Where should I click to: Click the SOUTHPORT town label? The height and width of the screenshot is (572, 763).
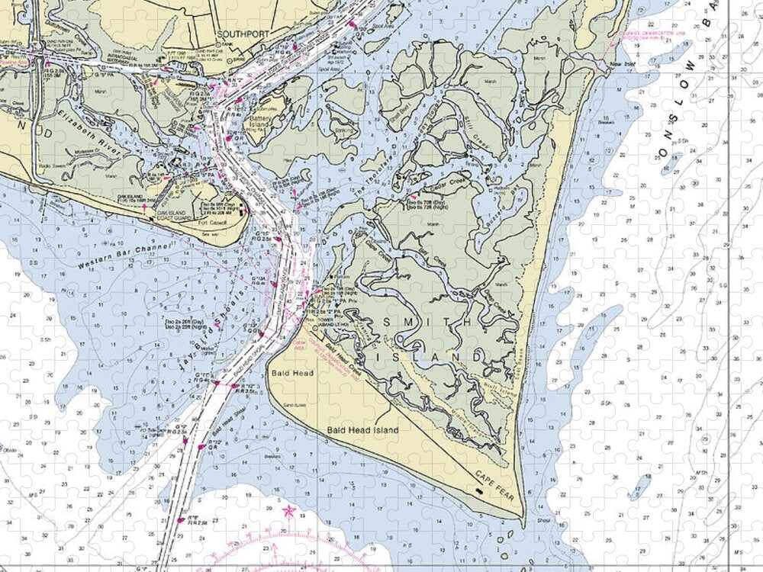click(x=233, y=34)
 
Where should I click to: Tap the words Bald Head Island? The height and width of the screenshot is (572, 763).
click(x=362, y=430)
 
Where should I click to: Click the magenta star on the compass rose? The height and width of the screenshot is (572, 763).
click(x=288, y=509)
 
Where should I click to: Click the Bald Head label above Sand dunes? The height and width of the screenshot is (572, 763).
click(x=287, y=374)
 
